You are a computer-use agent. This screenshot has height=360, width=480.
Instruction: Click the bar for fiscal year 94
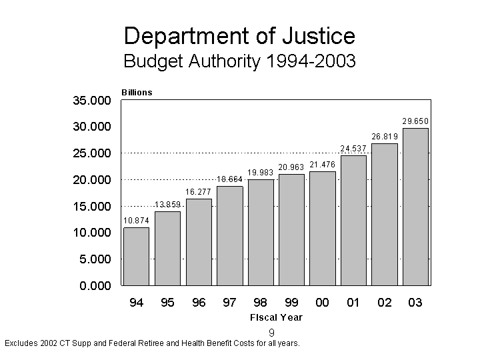(x=136, y=257)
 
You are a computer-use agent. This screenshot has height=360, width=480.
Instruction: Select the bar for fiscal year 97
(x=229, y=235)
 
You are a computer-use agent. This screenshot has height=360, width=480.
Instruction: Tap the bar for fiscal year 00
(x=323, y=228)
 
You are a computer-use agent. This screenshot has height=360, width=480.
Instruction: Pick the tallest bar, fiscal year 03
(x=415, y=207)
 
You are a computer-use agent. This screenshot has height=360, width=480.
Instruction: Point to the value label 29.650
(x=415, y=121)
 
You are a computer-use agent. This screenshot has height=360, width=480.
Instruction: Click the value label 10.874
(x=136, y=220)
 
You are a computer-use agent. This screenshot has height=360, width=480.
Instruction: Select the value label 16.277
(x=199, y=192)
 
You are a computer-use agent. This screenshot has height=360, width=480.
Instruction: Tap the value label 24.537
(x=353, y=148)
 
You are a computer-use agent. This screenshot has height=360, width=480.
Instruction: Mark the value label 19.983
(x=261, y=172)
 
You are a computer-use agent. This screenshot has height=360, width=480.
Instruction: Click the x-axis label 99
(x=291, y=303)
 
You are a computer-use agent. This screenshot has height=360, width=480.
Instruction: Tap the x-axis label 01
(x=353, y=303)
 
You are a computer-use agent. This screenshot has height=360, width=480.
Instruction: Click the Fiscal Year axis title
(x=276, y=317)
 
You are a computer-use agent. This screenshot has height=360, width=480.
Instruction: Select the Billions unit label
(x=137, y=93)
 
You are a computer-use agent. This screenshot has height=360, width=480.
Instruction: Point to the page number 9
(x=272, y=333)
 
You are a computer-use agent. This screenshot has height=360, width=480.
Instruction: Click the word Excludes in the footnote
(x=21, y=343)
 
